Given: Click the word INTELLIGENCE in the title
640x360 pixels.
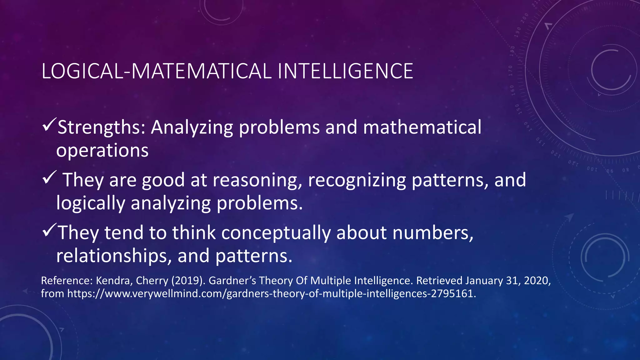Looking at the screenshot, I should (345, 71).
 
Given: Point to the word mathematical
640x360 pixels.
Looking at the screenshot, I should (422, 127).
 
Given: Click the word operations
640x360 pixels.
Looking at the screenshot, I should (102, 151).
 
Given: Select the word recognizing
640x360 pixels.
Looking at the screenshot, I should (357, 180).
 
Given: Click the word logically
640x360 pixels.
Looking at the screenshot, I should (91, 203).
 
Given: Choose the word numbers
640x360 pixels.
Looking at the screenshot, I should (433, 233).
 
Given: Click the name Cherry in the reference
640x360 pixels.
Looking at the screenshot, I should (152, 281).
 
